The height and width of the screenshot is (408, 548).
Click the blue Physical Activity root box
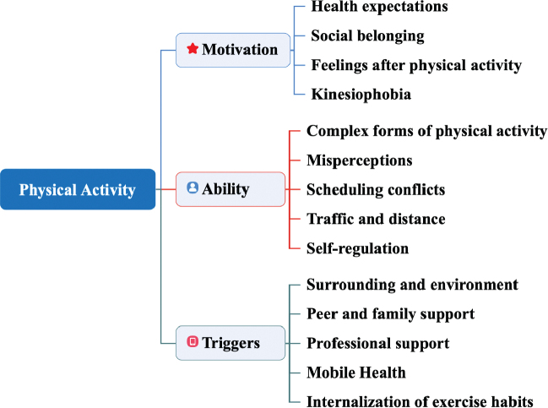coord(78,189)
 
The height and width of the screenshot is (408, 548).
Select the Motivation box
coord(232,50)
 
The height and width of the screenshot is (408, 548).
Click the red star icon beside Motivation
coord(193,49)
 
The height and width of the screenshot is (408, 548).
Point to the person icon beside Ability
coord(193,188)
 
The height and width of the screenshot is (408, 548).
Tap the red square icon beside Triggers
coord(192,342)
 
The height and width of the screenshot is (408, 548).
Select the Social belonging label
coord(366,35)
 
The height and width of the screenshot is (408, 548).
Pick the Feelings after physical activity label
coord(416,65)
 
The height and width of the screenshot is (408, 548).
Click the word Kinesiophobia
coord(361,94)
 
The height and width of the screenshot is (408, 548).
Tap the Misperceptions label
coord(359,160)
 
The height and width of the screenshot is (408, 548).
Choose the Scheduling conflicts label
coord(376,189)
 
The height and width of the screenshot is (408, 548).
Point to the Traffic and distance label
coord(376,219)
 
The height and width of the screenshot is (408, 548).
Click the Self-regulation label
coord(358,248)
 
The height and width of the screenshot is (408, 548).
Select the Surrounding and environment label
coord(412,285)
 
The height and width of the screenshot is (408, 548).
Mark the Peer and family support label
coord(390,314)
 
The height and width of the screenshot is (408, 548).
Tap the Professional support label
coord(377,344)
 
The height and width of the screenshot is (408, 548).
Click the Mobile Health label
coord(356,373)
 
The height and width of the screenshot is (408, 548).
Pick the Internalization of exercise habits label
coord(420,401)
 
